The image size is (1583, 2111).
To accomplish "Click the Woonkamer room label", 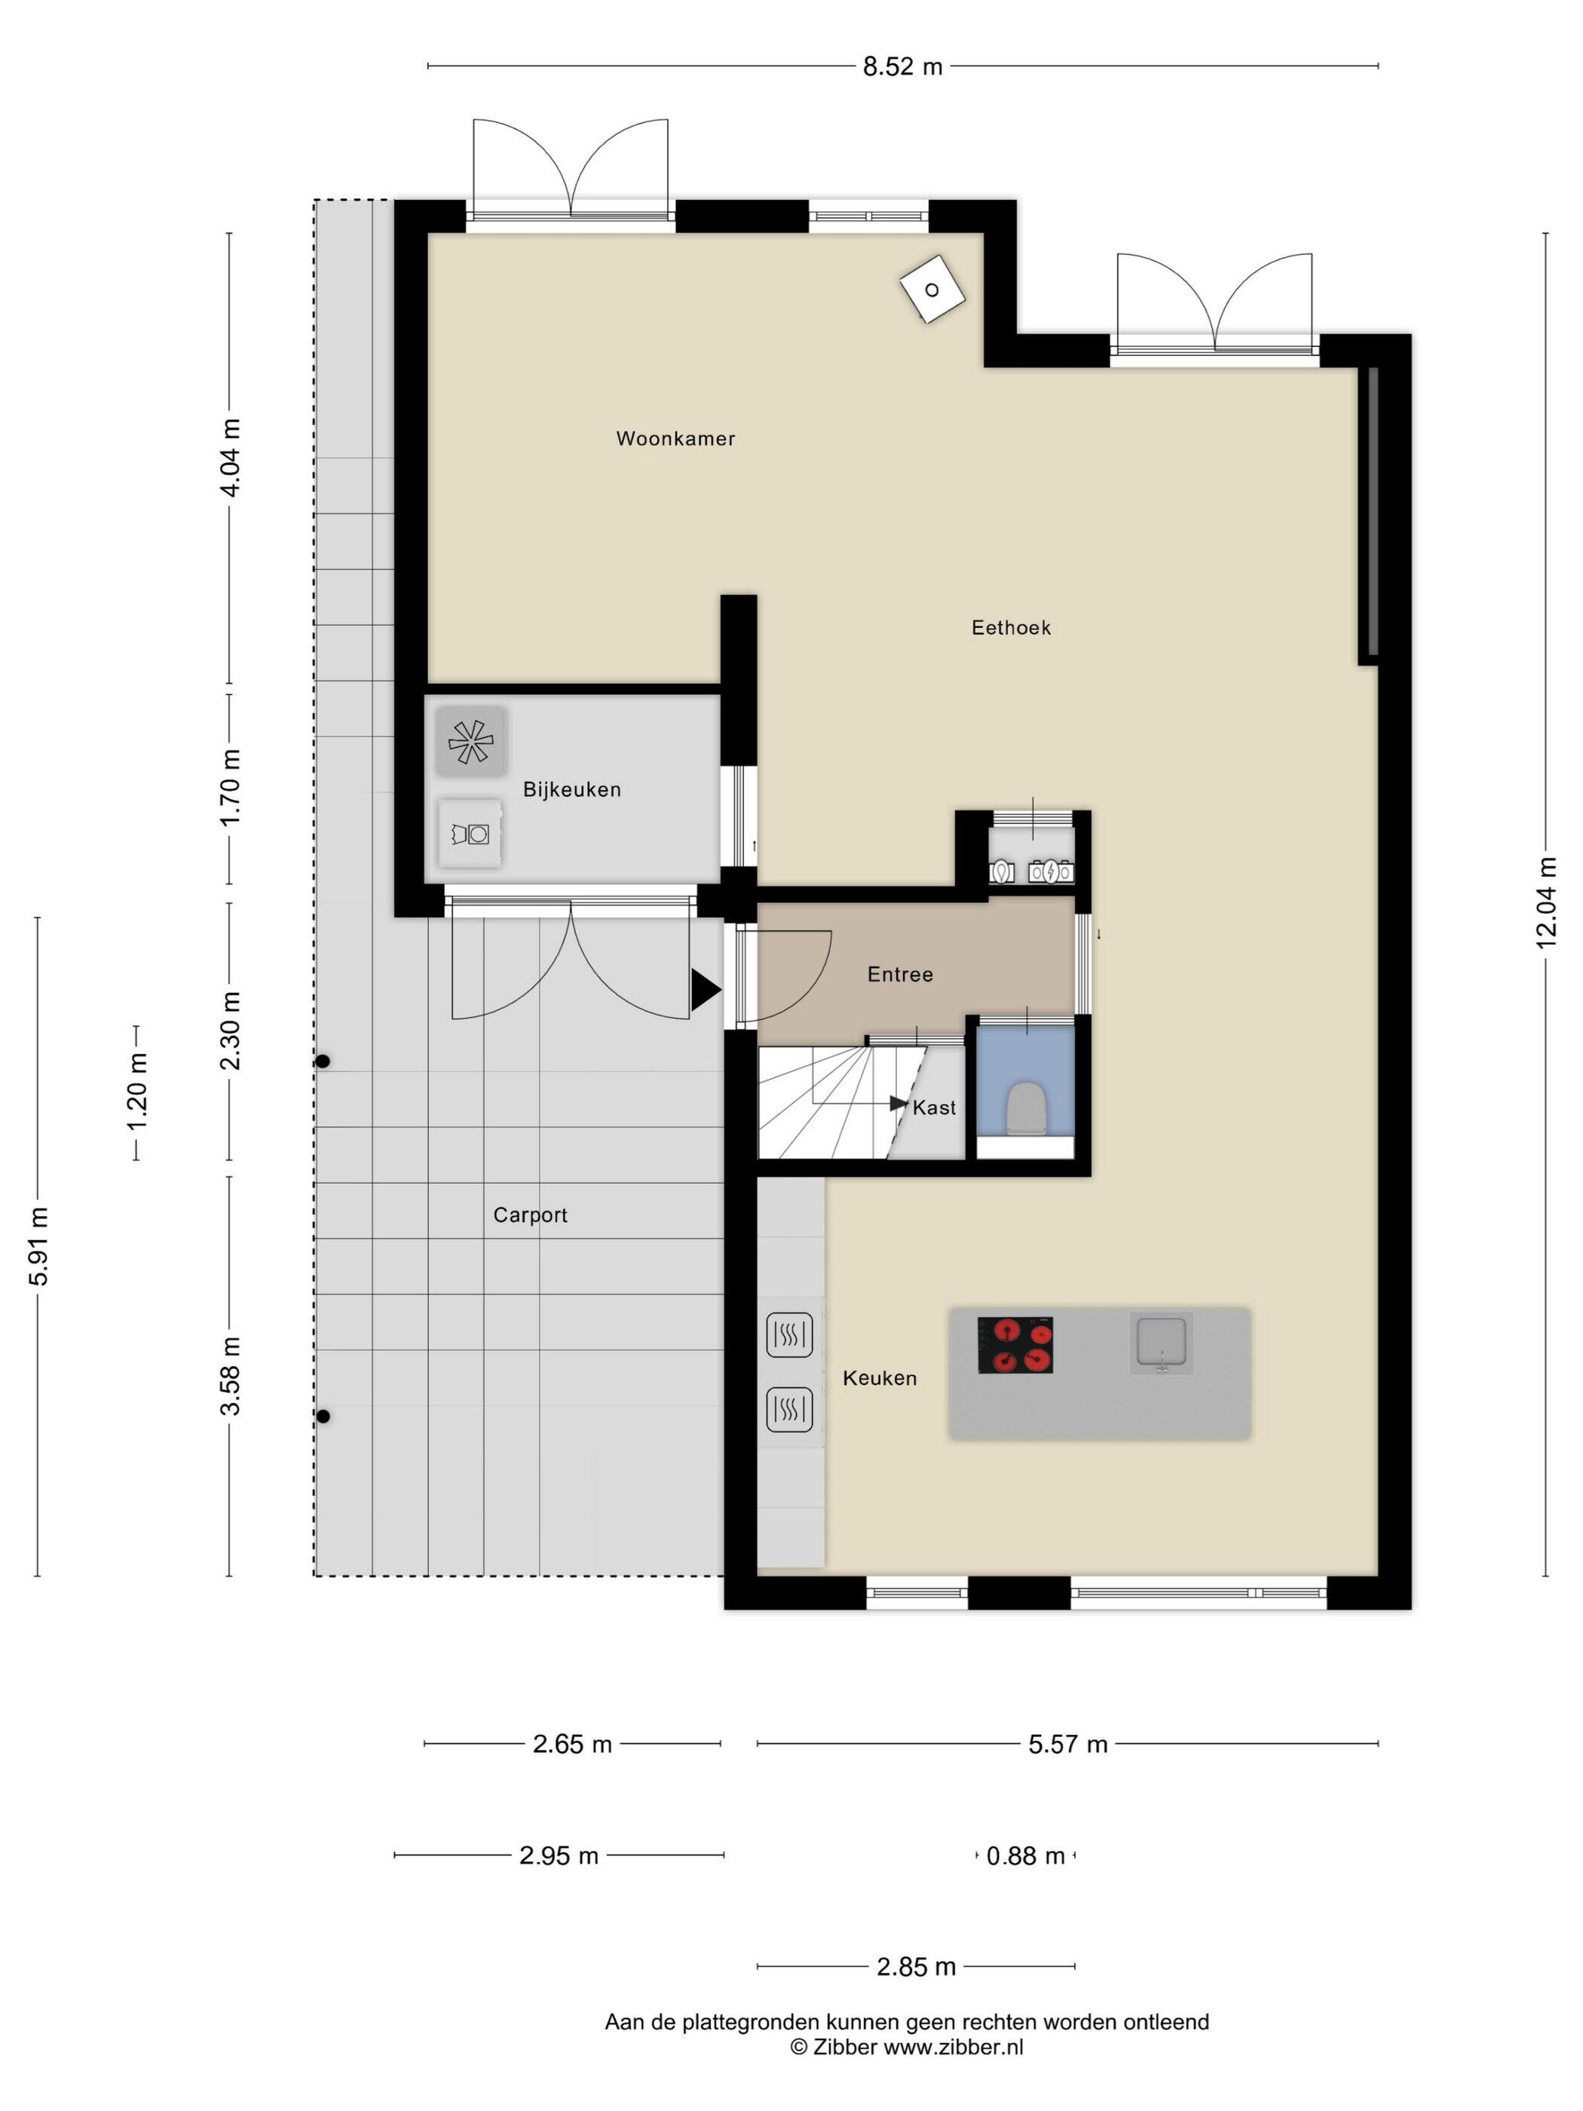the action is pos(675,439).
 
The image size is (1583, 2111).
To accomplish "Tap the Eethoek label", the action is pos(1011,628).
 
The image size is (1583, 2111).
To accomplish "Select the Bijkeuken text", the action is pos(571,790).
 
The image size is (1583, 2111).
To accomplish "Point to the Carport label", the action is pos(530,1216).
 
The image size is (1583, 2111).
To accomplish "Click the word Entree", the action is pos(900,974).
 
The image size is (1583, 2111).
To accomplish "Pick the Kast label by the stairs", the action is pos(933,1108).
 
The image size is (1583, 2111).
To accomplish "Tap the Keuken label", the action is pos(879,1378).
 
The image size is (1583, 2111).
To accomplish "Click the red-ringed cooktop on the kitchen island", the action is pos(1015,1345).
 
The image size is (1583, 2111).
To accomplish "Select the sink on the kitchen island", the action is pos(1160,1343).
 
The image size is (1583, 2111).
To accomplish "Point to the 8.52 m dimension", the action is pos(902,67).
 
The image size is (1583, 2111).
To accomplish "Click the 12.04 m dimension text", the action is pos(1546,902).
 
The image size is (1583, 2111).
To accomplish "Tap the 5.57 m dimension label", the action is pos(1067,1745).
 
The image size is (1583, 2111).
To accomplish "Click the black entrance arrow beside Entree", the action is pos(705,990).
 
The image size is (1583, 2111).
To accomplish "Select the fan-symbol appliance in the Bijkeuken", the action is pos(470,740).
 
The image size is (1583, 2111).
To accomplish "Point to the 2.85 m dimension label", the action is pos(915,1967).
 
